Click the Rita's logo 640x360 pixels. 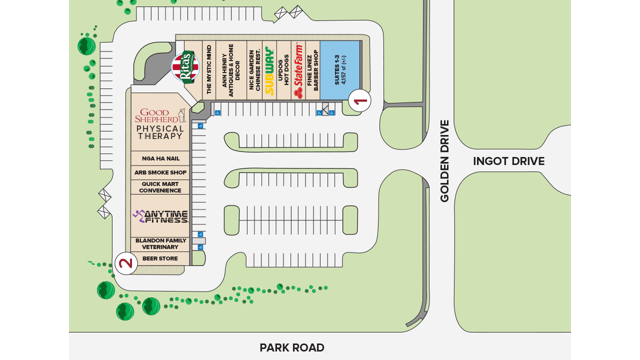click(185, 67)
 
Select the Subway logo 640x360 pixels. click(269, 70)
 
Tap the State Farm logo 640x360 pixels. click(298, 70)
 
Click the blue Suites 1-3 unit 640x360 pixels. click(340, 70)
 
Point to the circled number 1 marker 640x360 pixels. click(359, 101)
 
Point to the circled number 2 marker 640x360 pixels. click(126, 263)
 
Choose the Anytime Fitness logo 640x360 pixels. click(160, 216)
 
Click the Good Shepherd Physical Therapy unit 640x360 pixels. click(160, 122)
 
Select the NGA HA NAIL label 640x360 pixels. click(160, 158)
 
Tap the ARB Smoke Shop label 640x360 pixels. click(160, 172)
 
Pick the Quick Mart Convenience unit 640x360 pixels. click(160, 187)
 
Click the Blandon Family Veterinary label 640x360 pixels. click(160, 244)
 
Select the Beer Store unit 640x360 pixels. click(160, 258)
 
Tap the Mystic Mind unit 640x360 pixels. click(209, 70)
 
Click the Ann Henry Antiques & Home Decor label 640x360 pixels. click(231, 70)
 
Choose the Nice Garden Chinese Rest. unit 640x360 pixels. click(254, 70)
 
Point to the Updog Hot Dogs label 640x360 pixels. click(283, 70)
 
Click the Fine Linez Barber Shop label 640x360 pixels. click(312, 70)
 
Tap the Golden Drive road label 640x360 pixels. click(444, 161)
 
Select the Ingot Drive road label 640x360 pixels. click(508, 161)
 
